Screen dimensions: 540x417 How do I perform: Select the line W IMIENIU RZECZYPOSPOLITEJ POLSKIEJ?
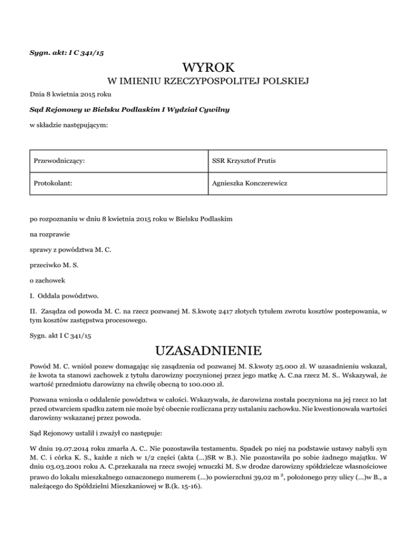(x=208, y=82)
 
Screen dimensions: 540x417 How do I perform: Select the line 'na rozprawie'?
(x=48, y=235)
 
